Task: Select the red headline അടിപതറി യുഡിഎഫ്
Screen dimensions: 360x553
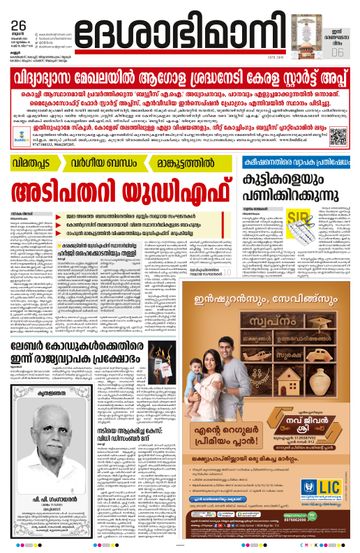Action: [x=117, y=185]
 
